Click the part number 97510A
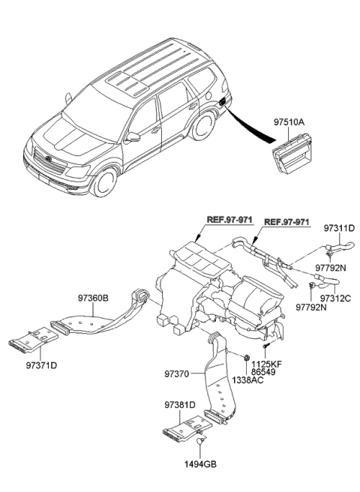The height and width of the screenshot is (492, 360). [289, 119]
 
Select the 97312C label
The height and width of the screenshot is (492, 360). [335, 298]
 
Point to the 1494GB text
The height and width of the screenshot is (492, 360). [201, 465]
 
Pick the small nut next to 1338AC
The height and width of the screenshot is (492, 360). [247, 357]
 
